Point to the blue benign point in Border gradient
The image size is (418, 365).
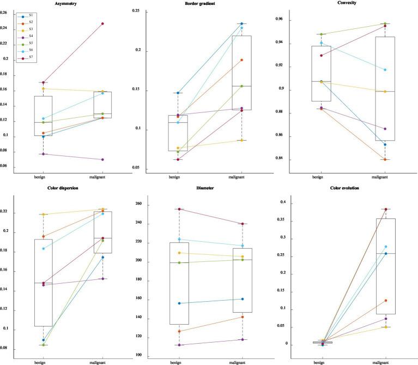pos(178,93)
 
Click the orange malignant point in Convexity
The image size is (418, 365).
pos(385,159)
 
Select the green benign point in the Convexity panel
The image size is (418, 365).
pos(321,34)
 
